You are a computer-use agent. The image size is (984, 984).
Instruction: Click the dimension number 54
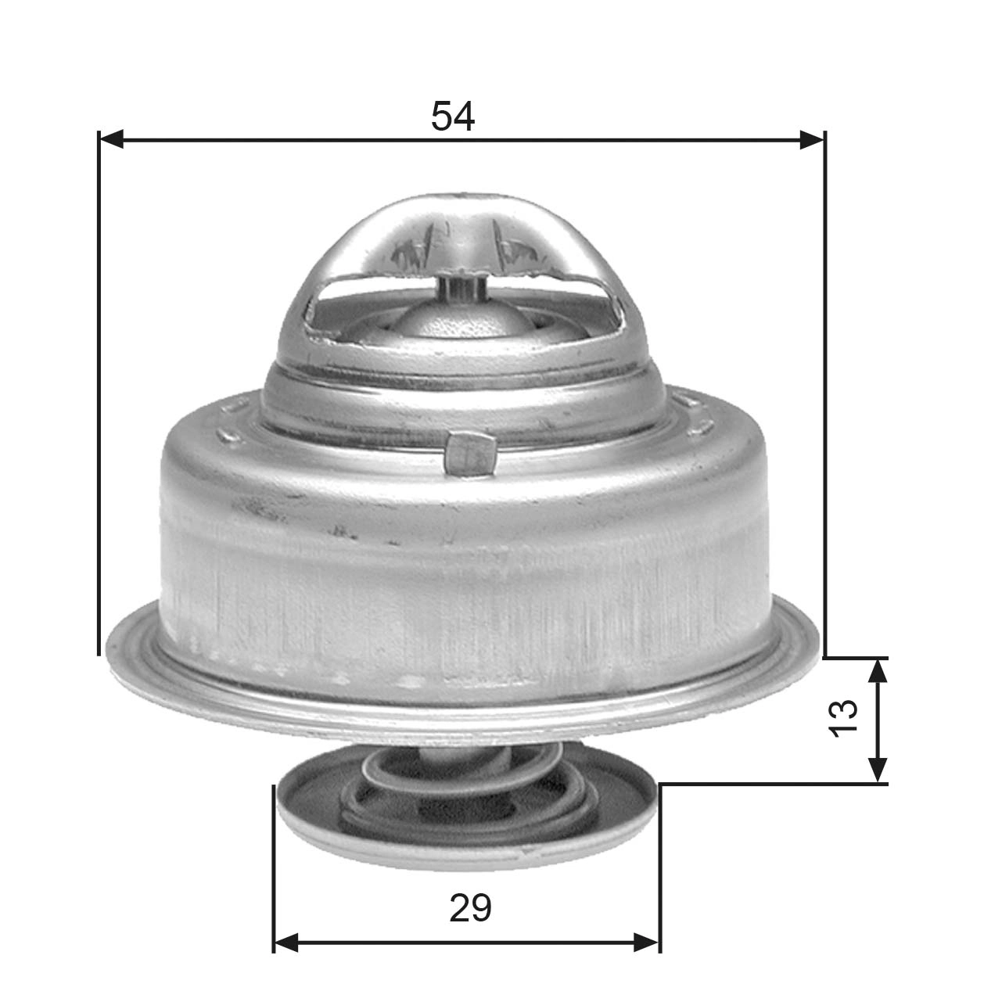click(x=452, y=117)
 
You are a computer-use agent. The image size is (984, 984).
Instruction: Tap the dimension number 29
click(x=470, y=908)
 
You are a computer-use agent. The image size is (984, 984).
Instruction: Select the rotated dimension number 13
click(x=844, y=717)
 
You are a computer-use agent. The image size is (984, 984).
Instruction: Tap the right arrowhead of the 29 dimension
click(x=647, y=942)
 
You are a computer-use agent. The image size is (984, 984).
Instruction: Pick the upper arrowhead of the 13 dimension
click(x=879, y=671)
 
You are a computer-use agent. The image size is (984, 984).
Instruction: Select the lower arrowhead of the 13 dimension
click(x=879, y=770)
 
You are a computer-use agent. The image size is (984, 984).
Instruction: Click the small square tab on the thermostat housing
click(x=469, y=454)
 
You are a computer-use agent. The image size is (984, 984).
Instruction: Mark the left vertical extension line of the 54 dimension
click(x=99, y=391)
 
